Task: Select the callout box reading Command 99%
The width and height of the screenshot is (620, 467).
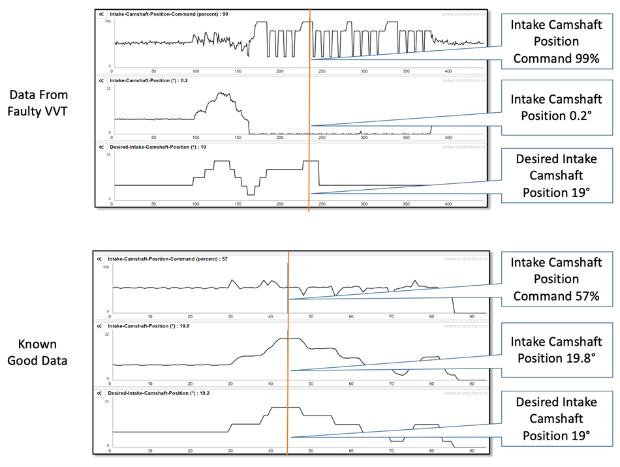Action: click(x=555, y=42)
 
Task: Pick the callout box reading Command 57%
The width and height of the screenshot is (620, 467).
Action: click(x=555, y=280)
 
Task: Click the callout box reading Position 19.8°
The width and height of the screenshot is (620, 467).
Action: click(x=555, y=350)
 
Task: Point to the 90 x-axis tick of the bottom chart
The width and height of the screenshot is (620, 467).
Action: click(x=472, y=450)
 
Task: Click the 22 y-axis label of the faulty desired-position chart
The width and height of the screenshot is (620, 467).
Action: click(x=109, y=155)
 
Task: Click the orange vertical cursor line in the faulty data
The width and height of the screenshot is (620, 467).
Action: click(x=309, y=111)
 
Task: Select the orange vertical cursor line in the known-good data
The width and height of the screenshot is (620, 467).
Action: click(x=288, y=359)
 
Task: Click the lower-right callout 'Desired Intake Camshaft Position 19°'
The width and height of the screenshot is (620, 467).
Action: click(x=555, y=419)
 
